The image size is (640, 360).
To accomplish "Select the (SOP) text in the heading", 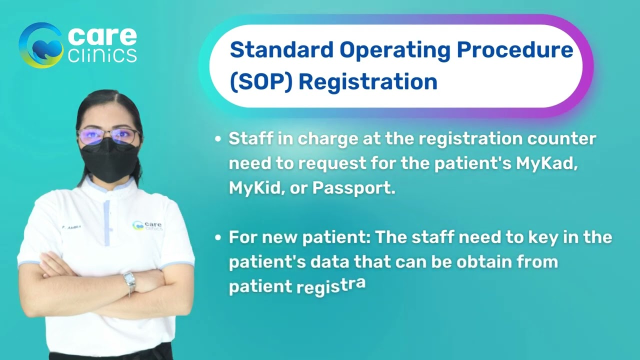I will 260,82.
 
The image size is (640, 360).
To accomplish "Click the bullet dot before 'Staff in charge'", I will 217,139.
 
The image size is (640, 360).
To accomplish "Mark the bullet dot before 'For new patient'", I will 217,237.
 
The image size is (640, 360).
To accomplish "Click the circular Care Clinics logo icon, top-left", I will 40,45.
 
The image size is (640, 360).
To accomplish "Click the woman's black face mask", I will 108,159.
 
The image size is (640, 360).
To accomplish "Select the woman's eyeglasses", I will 108,135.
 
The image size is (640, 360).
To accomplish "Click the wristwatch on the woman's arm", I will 129,281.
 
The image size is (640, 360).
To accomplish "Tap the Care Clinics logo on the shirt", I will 147,226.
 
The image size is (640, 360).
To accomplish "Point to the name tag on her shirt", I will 71,226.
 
